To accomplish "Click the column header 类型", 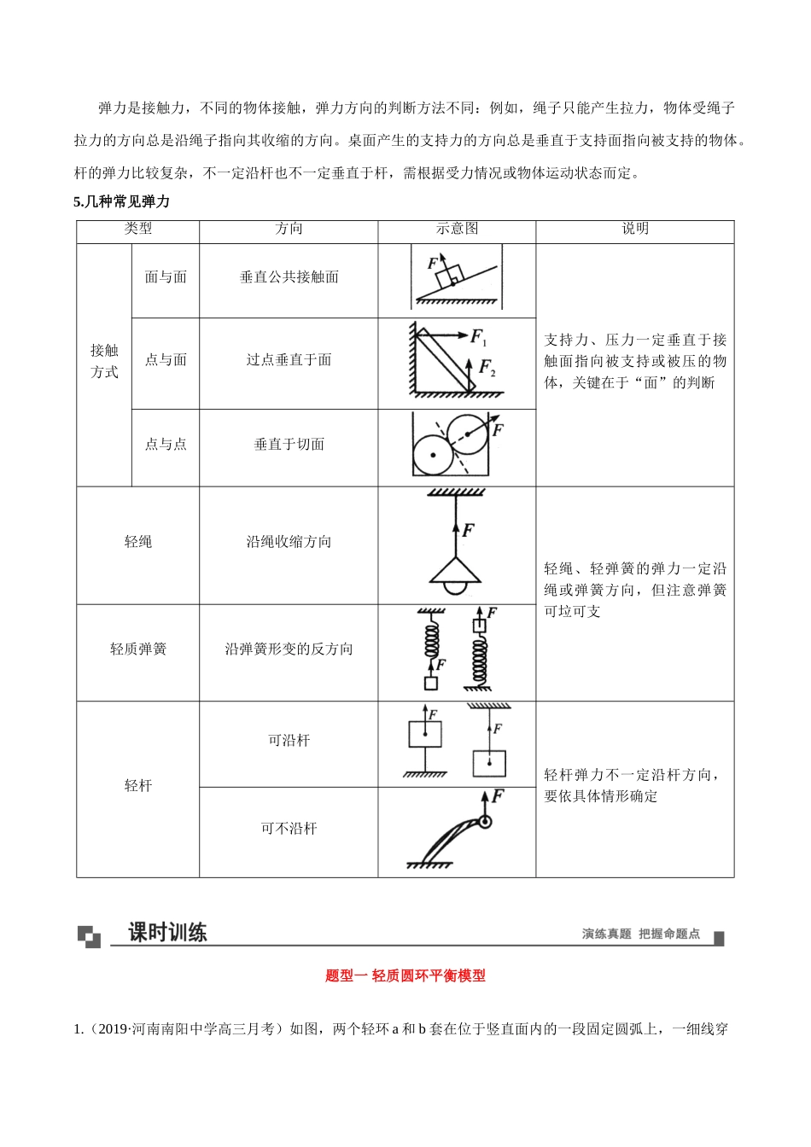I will click(137, 229).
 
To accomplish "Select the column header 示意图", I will click(457, 229).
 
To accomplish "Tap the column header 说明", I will click(634, 229).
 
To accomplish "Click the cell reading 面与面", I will click(166, 277).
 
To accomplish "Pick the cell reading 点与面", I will click(166, 360).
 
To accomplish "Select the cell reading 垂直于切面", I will click(289, 445).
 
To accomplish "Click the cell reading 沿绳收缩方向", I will click(289, 542).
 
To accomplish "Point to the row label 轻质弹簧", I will click(137, 649).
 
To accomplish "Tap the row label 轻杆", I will click(137, 786).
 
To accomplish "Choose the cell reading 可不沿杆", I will click(289, 829).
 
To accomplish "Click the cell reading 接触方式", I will click(104, 362).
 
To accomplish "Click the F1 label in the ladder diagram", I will click(479, 337).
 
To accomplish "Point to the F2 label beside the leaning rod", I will click(487, 368).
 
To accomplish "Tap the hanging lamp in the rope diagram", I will click(456, 575).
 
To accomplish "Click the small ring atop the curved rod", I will click(485, 823).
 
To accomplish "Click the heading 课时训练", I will click(167, 933).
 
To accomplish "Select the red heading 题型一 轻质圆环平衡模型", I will click(405, 975).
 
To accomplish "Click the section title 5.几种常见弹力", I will click(122, 202).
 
